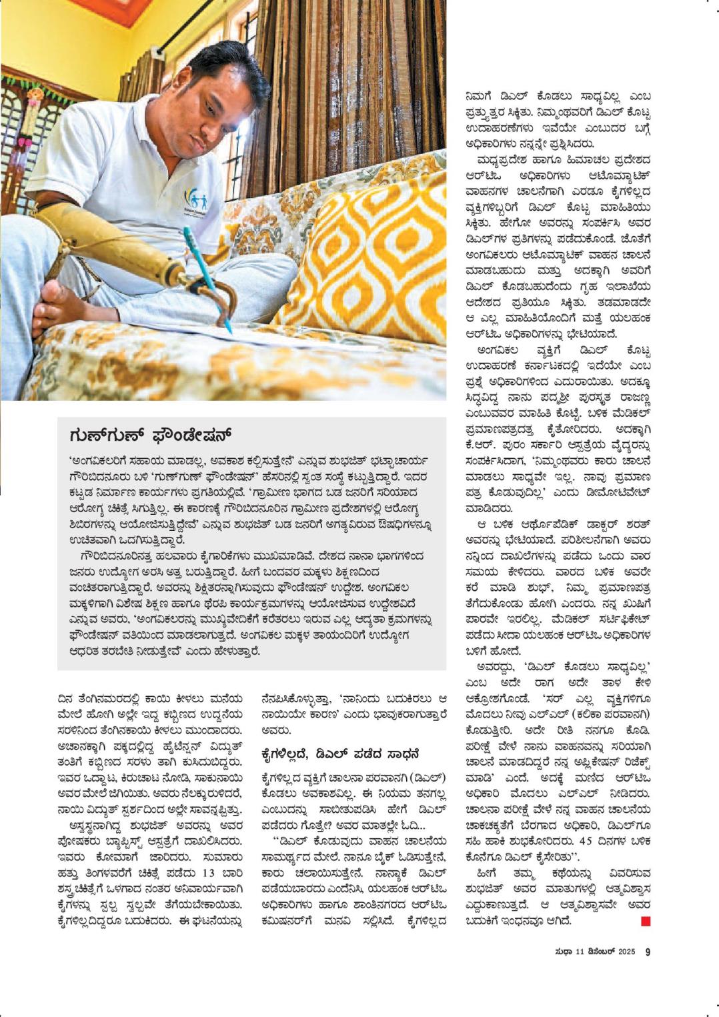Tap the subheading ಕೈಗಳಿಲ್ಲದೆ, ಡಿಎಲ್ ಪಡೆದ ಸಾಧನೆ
[341, 754]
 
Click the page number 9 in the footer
[647, 952]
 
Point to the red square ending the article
[645, 922]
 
